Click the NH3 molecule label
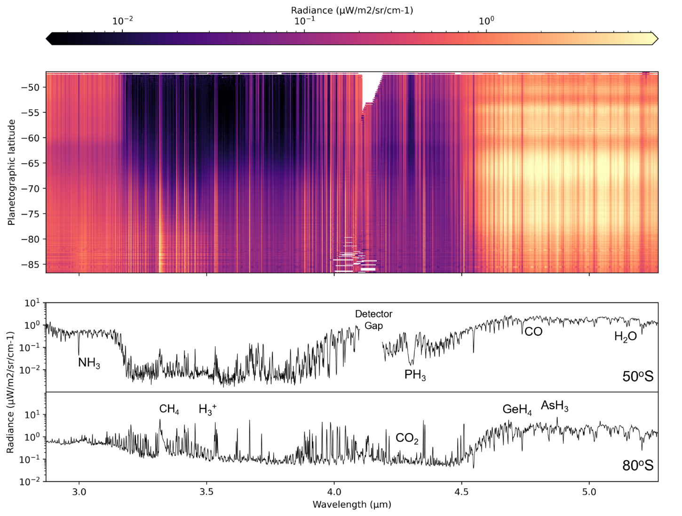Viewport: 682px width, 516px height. coord(89,363)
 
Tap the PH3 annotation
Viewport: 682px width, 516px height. coord(415,375)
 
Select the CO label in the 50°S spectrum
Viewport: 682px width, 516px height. coord(533,332)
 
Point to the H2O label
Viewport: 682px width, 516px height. coord(625,337)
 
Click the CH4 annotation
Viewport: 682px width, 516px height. coord(169,410)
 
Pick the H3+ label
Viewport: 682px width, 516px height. coord(207,410)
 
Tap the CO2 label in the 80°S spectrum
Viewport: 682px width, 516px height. coord(407,439)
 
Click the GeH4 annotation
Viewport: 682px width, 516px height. coord(517,410)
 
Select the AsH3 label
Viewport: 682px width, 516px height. coord(555,406)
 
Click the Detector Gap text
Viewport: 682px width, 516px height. coord(373,320)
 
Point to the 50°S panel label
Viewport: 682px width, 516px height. coord(638,377)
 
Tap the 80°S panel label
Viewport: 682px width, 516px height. coord(638,466)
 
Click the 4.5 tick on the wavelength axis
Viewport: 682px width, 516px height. coord(461,492)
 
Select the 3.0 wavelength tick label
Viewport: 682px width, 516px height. coord(79,492)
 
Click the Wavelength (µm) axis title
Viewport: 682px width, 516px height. coord(352,505)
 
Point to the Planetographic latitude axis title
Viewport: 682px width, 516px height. coord(12,172)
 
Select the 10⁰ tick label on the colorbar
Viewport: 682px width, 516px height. coord(486,21)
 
